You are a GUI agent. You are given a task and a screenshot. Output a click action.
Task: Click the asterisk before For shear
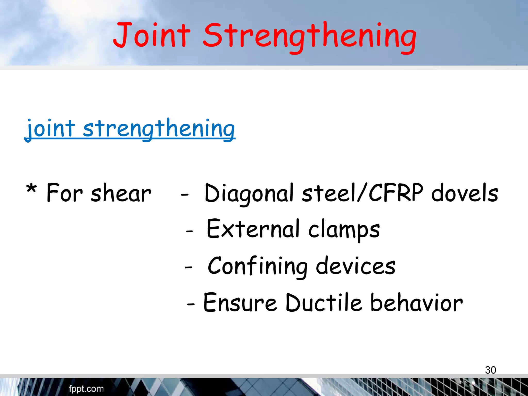(31, 190)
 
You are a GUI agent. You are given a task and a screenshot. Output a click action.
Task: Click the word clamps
(344, 230)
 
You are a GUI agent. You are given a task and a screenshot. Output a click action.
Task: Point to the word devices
(356, 267)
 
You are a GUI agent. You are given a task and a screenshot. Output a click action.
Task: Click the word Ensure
(240, 303)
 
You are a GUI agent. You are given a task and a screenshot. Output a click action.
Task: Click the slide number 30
(490, 370)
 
